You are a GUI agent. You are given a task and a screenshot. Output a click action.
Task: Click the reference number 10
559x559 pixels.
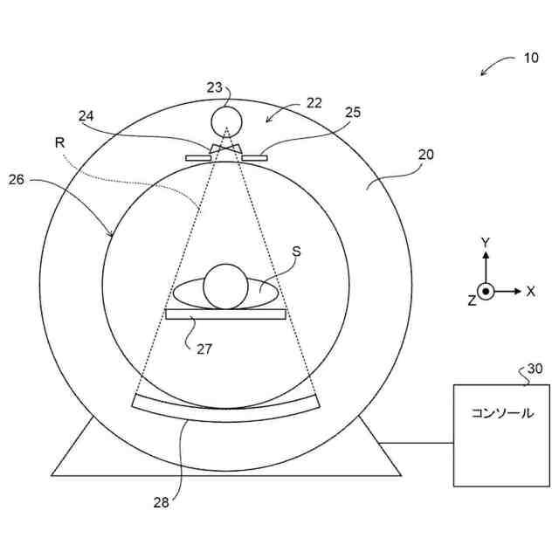[532, 59]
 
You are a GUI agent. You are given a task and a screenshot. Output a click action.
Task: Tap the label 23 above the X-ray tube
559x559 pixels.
[215, 87]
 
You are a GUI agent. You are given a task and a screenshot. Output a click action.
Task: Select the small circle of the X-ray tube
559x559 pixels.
[226, 119]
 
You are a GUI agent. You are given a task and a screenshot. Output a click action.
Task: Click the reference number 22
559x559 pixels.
[314, 102]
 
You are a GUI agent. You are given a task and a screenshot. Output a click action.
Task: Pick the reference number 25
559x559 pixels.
[353, 113]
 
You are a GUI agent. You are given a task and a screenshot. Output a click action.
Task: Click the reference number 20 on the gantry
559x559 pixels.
[425, 155]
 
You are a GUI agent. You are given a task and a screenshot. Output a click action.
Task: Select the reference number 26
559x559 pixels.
[17, 180]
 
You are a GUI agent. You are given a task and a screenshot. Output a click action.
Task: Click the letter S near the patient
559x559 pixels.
[296, 250]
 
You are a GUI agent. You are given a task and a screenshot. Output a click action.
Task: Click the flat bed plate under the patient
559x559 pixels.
[225, 314]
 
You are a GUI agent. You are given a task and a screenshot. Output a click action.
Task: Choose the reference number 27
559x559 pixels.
[204, 349]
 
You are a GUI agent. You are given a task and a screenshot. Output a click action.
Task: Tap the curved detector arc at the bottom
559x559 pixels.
[227, 407]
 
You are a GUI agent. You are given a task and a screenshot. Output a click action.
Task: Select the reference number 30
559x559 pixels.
[535, 369]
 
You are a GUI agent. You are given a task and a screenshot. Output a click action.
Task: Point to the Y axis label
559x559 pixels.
[487, 242]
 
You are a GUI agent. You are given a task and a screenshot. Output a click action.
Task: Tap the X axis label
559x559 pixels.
[530, 291]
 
